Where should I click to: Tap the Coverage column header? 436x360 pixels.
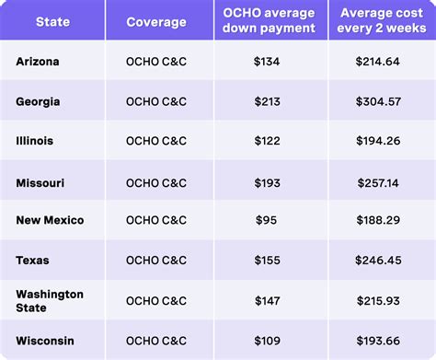pyautogui.click(x=156, y=20)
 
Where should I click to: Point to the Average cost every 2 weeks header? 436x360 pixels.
pyautogui.click(x=378, y=20)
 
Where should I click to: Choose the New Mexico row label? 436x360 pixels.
pyautogui.click(x=50, y=221)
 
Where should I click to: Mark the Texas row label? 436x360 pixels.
pyautogui.click(x=33, y=261)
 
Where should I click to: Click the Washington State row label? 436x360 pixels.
pyautogui.click(x=50, y=300)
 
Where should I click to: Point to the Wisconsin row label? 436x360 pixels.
pyautogui.click(x=45, y=340)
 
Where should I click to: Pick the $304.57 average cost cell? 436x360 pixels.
pyautogui.click(x=378, y=102)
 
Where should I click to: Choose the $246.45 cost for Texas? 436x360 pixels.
pyautogui.click(x=378, y=261)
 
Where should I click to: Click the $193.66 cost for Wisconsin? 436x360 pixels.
pyautogui.click(x=378, y=340)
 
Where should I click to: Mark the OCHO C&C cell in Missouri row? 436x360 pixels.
pyautogui.click(x=156, y=182)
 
